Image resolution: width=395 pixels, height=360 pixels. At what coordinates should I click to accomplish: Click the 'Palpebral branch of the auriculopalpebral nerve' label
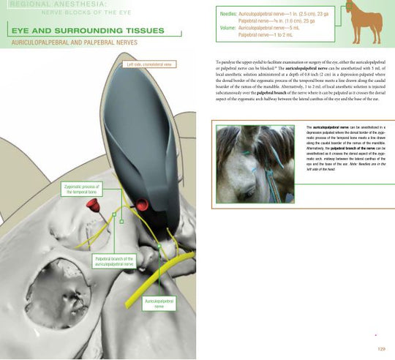[x=113, y=262]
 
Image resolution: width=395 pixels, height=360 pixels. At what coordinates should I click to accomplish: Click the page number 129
[x=380, y=348]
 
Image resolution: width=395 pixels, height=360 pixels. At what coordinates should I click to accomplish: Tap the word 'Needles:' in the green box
[x=227, y=14]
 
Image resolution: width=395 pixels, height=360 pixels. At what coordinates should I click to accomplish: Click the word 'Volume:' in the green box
[x=227, y=27]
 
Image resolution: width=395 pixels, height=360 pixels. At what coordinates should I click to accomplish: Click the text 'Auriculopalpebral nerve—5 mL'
[x=275, y=27]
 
